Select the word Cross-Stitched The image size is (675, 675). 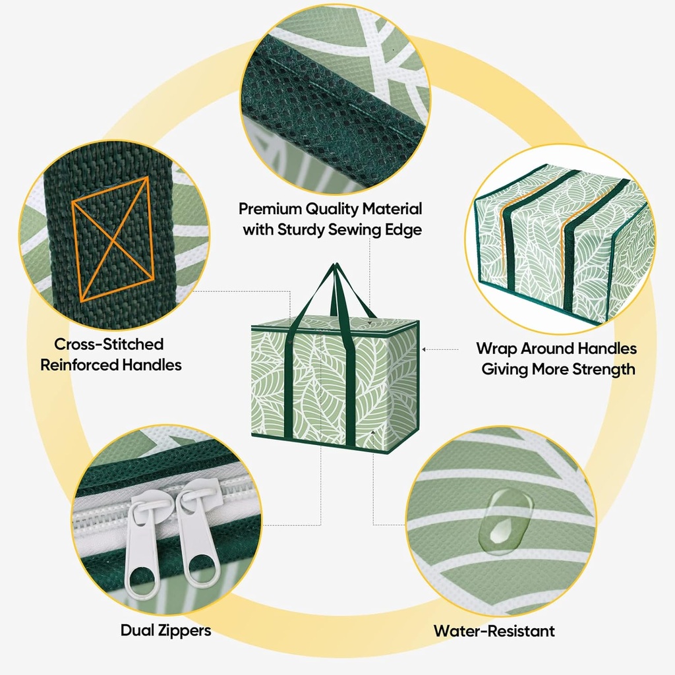pos(109,344)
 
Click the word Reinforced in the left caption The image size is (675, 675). pos(80,365)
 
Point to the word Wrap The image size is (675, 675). pos(496,348)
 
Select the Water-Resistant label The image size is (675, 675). pos(494,631)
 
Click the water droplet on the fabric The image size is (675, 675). pos(506,521)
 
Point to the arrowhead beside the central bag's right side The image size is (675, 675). pos(424,349)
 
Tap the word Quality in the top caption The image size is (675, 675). pos(332,209)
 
